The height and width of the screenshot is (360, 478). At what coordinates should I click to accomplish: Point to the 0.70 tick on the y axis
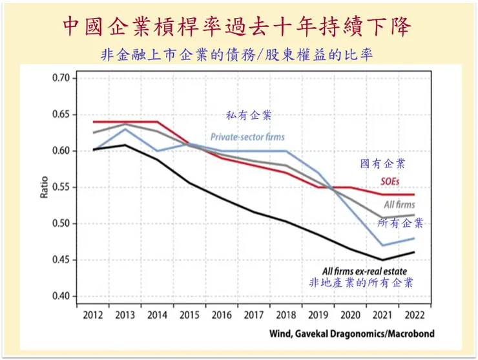pos(65,78)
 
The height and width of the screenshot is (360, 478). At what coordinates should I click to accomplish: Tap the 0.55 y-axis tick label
pos(65,187)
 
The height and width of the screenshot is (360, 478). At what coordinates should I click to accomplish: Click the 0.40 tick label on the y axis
pos(65,297)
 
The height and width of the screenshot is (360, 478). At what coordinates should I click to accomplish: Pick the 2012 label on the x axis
pos(94,316)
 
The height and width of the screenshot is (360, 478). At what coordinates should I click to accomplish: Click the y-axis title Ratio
pos(45,187)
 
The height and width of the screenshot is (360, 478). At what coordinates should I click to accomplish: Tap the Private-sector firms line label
pos(247,137)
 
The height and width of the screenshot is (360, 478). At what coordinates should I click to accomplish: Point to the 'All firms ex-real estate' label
pos(364,271)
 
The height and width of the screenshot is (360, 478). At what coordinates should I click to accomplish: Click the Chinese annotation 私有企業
pos(249,116)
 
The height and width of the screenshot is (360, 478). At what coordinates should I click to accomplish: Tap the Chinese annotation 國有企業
pos(383,164)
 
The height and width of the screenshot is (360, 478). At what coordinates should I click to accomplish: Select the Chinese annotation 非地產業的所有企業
pos(362,282)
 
